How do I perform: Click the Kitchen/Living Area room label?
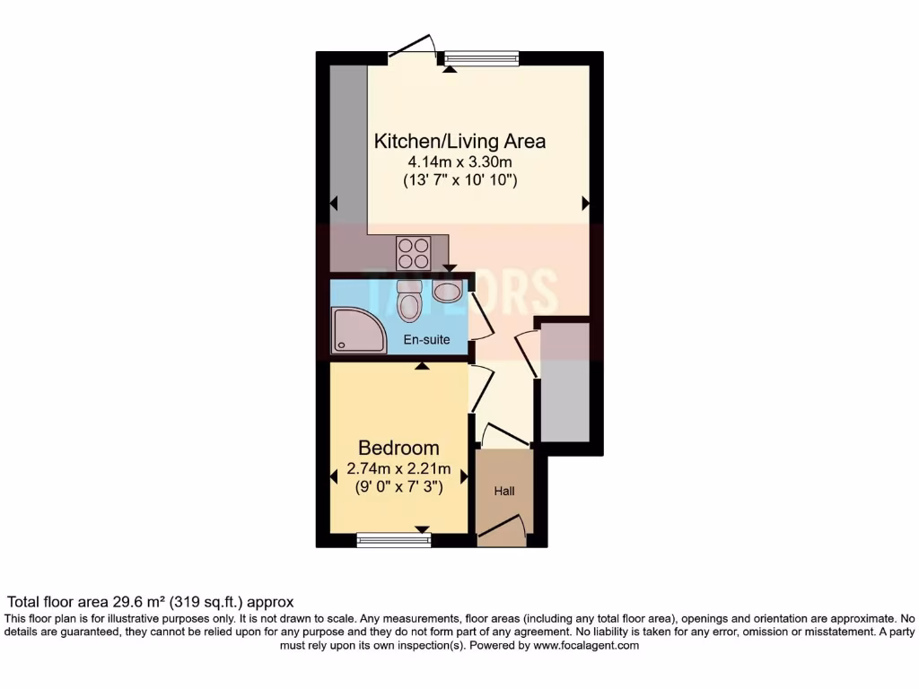click(x=459, y=141)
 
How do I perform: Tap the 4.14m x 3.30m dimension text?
click(x=459, y=161)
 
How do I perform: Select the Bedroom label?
click(x=398, y=448)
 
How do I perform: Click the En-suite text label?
click(x=426, y=340)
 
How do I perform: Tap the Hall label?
click(x=503, y=491)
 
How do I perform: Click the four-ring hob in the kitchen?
click(x=414, y=252)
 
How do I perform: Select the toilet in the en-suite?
click(x=409, y=301)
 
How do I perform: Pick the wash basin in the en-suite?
click(x=446, y=289)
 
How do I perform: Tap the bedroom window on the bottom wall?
click(x=393, y=539)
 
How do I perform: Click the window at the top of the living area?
click(x=482, y=59)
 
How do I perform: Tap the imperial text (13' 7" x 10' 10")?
click(x=459, y=180)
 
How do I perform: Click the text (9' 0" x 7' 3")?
click(x=398, y=488)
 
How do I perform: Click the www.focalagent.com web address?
click(x=586, y=645)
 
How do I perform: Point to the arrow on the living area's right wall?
click(x=586, y=205)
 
